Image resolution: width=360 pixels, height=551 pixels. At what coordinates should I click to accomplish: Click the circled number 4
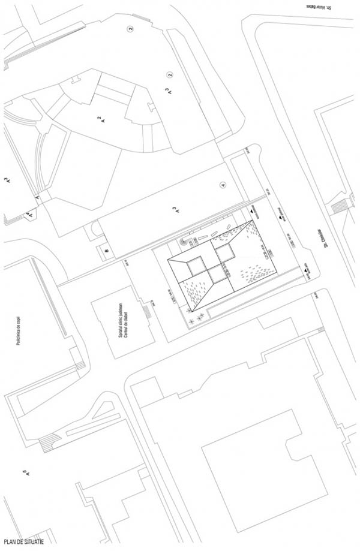point(223,185)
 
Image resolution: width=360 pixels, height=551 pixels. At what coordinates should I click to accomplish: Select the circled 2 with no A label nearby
point(129,28)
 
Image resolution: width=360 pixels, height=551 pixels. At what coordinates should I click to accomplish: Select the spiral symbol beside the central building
point(184,242)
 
